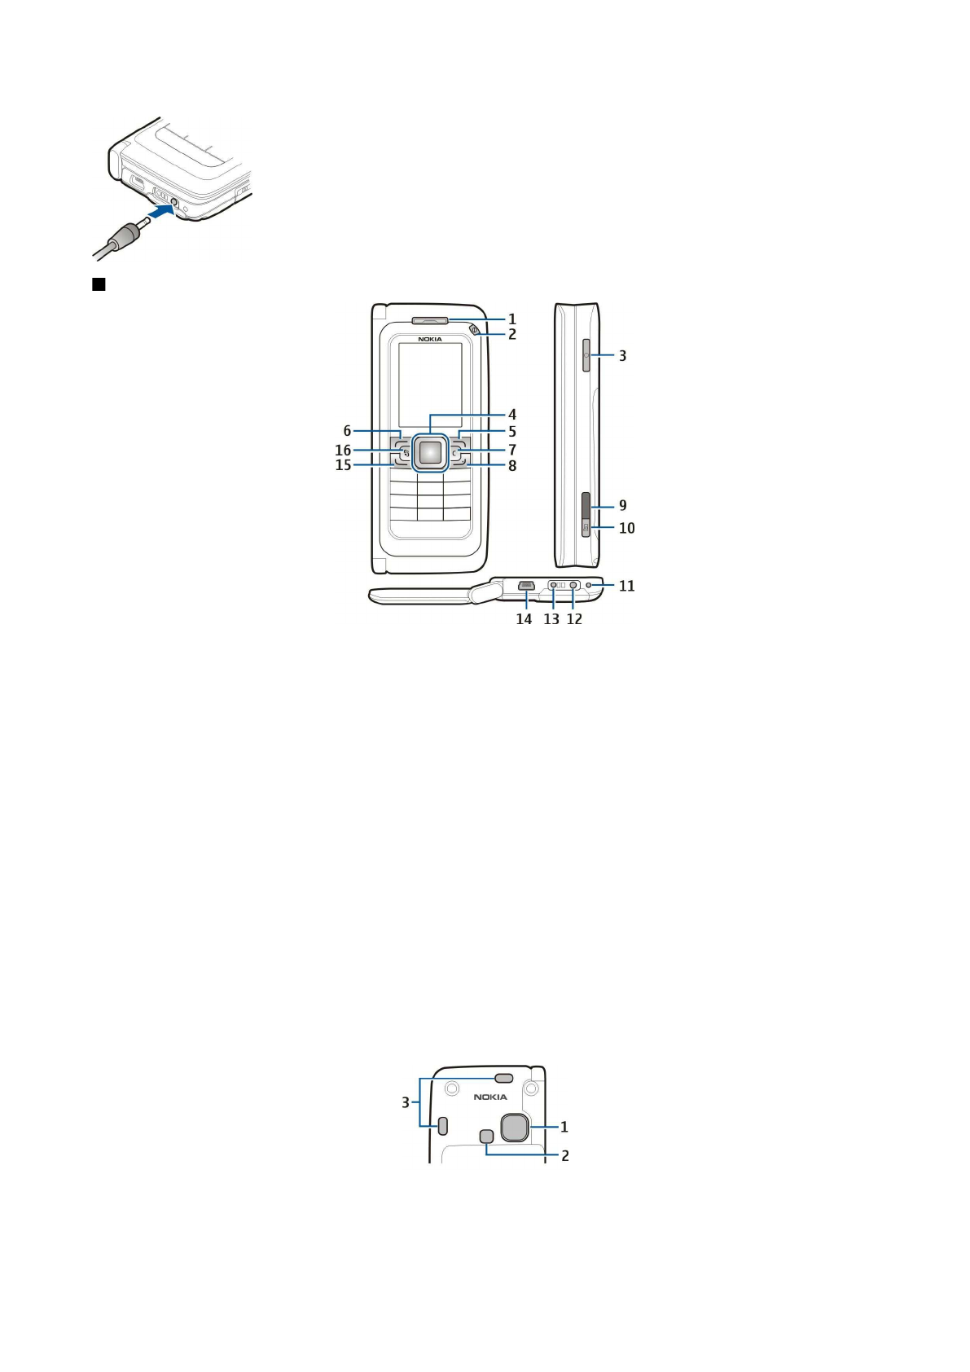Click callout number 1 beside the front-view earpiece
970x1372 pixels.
pos(512,319)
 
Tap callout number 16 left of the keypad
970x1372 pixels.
pos(343,451)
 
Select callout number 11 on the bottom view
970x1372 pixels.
pos(626,586)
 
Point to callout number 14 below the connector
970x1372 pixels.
pos(524,619)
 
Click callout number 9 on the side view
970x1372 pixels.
pos(623,506)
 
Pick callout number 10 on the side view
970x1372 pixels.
pos(626,528)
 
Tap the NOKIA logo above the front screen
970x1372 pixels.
pos(430,339)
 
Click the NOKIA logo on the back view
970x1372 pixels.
pos(490,1097)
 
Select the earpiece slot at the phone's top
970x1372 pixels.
pos(430,320)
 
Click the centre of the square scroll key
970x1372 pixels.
pos(430,452)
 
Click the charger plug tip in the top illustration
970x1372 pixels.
pos(143,222)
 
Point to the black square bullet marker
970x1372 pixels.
pos(99,284)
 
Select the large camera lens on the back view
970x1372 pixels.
pos(514,1127)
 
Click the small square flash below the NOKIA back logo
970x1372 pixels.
pos(487,1136)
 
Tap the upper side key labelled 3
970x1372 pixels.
pos(586,356)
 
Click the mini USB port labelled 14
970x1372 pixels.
pos(526,585)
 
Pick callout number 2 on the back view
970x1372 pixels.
pos(565,1156)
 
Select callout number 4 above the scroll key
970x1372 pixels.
pos(512,415)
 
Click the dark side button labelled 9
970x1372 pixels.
pos(586,505)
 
